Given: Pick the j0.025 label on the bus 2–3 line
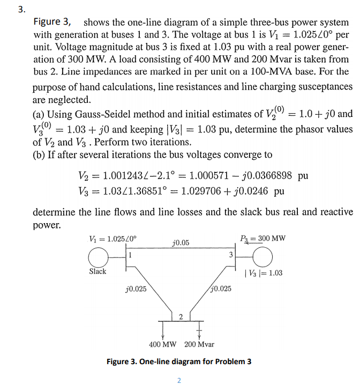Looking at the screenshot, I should click(x=221, y=289).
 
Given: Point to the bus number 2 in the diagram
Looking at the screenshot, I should click(x=180, y=315).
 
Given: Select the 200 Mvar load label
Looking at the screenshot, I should click(x=199, y=344).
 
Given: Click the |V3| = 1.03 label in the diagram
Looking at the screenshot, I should click(x=263, y=274).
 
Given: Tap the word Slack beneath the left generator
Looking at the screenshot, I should click(x=97, y=271).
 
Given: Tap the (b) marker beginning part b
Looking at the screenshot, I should click(x=40, y=155).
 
